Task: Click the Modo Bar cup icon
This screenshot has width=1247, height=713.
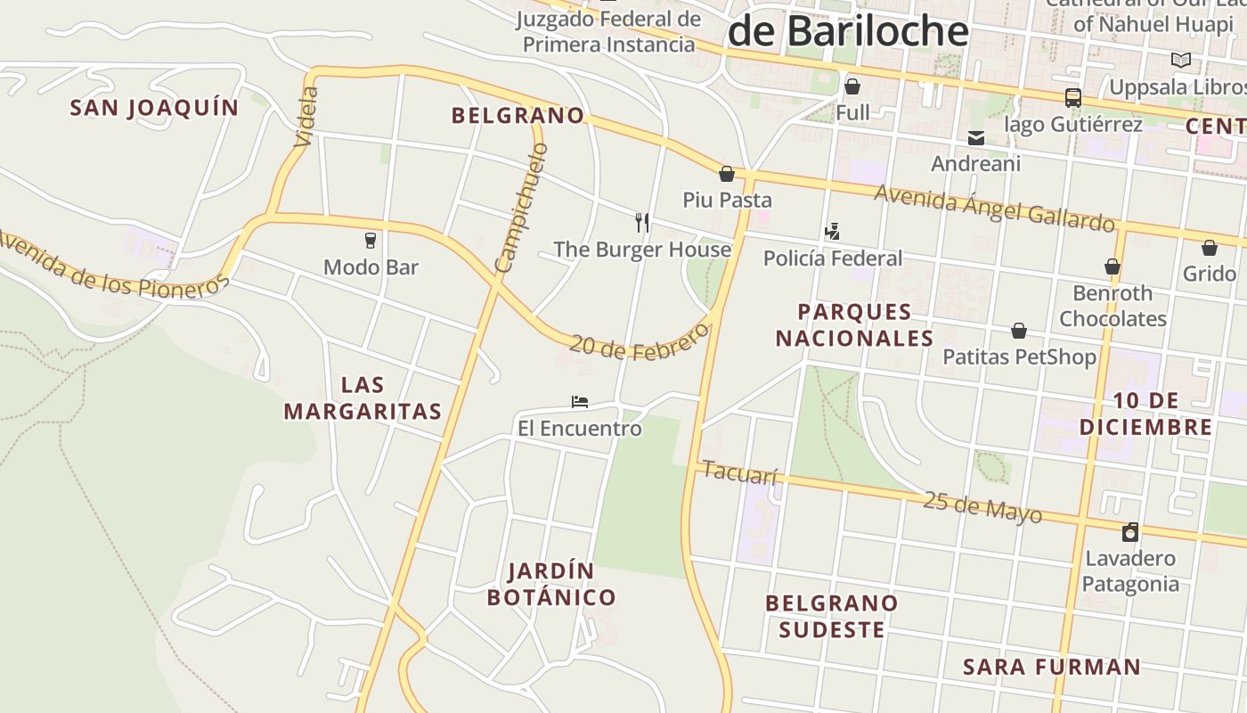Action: tap(371, 241)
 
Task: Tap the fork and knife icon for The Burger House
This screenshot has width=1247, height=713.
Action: tap(641, 222)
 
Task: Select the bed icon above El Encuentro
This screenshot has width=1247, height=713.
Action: tap(580, 402)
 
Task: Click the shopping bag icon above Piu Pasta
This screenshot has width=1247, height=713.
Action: tap(727, 173)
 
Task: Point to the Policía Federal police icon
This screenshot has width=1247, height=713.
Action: tap(832, 232)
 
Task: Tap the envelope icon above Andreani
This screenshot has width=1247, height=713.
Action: tap(976, 138)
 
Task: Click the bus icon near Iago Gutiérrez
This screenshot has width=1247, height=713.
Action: tap(1073, 98)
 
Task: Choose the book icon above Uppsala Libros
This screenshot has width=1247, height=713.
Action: tap(1181, 61)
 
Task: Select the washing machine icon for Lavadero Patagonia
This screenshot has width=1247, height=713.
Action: tap(1130, 532)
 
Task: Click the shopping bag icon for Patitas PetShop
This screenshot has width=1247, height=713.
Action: tap(1019, 331)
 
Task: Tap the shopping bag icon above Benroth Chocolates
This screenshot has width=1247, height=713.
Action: tap(1113, 266)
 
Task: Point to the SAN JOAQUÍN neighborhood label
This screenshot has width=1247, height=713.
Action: tap(155, 108)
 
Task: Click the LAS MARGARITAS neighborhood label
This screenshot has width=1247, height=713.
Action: tap(363, 398)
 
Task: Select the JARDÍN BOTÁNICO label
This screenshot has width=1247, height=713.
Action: tap(551, 584)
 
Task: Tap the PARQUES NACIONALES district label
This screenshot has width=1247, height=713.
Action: tap(854, 325)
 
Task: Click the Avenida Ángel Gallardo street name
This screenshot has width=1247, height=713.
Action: tap(994, 207)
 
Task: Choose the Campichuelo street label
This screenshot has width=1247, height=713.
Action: tap(522, 209)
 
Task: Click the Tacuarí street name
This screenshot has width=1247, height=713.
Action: tap(740, 472)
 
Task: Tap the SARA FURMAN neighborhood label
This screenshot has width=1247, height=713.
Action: tap(1052, 667)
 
